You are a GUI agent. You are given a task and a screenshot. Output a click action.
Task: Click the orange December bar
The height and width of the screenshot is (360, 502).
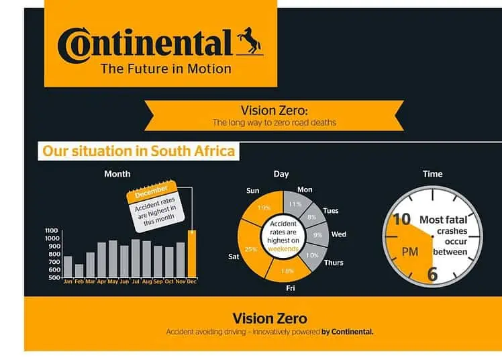[x=192, y=254]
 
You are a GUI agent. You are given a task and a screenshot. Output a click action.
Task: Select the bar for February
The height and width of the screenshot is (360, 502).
[x=79, y=271]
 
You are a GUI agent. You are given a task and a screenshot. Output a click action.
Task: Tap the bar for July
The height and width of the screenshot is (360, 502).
[x=136, y=258]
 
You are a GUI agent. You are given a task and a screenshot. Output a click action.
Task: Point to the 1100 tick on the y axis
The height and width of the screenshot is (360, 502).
[x=52, y=230]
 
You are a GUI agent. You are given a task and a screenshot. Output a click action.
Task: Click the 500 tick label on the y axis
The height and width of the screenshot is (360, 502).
[x=54, y=277]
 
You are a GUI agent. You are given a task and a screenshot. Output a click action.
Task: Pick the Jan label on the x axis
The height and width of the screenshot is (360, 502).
[x=68, y=281]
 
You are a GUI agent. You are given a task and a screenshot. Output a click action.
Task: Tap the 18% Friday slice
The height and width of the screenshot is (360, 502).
[x=287, y=270]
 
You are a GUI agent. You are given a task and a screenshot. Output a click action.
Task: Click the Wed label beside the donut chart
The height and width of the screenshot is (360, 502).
[x=339, y=234]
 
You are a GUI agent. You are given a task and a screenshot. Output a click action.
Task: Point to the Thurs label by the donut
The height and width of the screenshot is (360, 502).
[x=334, y=263]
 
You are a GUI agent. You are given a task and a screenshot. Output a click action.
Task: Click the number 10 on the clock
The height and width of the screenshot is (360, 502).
[x=401, y=220]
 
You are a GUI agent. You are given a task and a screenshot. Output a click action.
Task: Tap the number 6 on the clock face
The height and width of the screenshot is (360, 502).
[x=432, y=274]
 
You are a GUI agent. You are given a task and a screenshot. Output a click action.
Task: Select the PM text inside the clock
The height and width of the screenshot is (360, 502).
[x=410, y=252]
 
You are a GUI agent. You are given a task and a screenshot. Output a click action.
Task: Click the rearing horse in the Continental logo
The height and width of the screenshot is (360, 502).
[x=250, y=40]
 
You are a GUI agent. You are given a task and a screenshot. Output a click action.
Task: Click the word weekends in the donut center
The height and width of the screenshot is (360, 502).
[x=283, y=249]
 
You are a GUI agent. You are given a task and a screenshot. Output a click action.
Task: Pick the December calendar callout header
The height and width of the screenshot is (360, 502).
[x=151, y=192]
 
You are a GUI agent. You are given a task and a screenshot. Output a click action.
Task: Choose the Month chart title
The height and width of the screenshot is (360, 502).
[x=117, y=174]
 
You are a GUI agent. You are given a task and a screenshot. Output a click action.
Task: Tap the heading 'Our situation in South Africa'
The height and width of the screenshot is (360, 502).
[x=139, y=151]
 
